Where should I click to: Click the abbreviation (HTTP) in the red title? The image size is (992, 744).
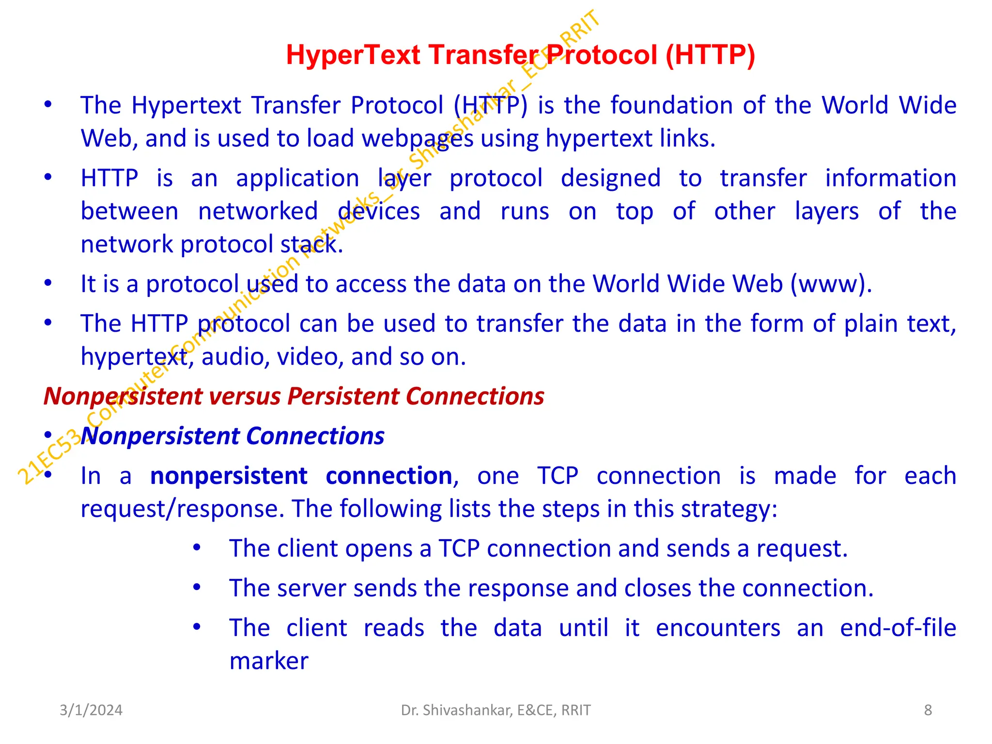point(710,55)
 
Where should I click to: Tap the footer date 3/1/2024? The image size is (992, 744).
point(91,710)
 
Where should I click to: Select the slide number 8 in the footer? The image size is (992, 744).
point(928,710)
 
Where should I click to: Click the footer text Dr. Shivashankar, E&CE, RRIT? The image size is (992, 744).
point(496,710)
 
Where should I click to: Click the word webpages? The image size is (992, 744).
point(418,139)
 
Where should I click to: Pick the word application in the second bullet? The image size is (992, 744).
point(297,178)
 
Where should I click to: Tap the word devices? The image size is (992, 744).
point(379,212)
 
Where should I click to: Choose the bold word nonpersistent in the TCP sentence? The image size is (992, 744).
point(229,476)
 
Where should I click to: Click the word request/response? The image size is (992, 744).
point(182,509)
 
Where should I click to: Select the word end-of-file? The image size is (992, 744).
point(898,628)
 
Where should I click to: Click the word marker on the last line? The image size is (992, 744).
point(269,661)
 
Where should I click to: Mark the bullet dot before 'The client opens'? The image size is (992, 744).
point(197,548)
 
